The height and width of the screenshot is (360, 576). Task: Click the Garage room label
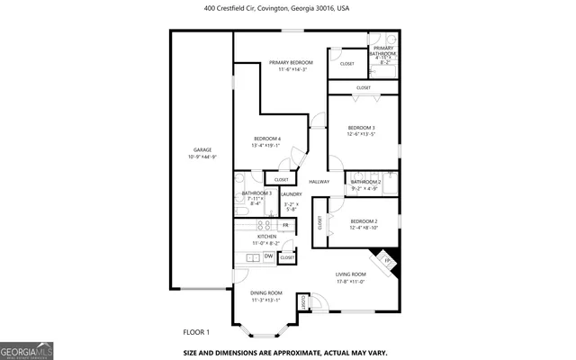[202, 149]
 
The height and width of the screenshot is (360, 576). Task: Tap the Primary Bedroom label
[290, 62]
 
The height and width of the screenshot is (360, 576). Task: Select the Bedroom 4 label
[267, 138]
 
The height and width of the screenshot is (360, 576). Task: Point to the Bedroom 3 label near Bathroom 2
[361, 128]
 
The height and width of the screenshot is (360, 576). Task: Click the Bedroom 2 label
[363, 221]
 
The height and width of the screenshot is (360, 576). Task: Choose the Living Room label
[350, 274]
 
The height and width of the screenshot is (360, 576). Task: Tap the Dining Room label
[266, 292]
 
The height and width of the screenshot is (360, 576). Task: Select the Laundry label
[291, 194]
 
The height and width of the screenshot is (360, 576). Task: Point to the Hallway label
[319, 182]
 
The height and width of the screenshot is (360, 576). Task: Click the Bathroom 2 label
[365, 182]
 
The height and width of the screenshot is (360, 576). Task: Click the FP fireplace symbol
[389, 262]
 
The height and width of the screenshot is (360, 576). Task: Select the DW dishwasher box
[268, 256]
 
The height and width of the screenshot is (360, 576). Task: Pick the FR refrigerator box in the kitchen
[284, 225]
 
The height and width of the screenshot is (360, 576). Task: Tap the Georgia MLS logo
[27, 347]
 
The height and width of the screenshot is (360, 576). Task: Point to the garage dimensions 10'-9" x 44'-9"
[202, 157]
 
